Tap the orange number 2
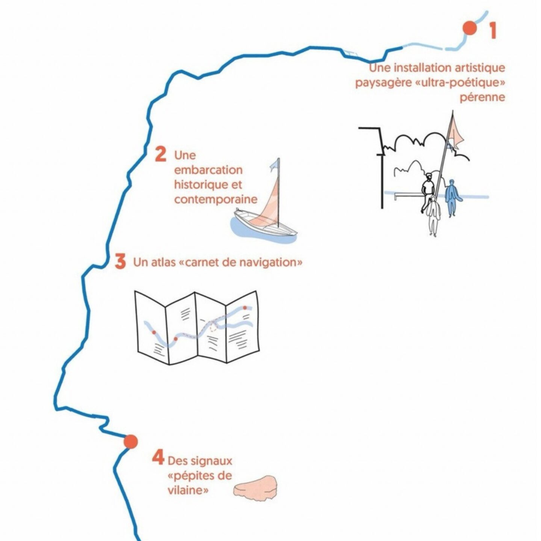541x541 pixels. [160, 154]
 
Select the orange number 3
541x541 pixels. [120, 261]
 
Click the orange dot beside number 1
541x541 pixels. [469, 28]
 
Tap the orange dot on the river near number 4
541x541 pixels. [131, 441]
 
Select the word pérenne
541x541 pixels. [482, 97]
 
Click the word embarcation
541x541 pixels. [208, 170]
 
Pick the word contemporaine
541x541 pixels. [216, 199]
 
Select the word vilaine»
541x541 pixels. [188, 490]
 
